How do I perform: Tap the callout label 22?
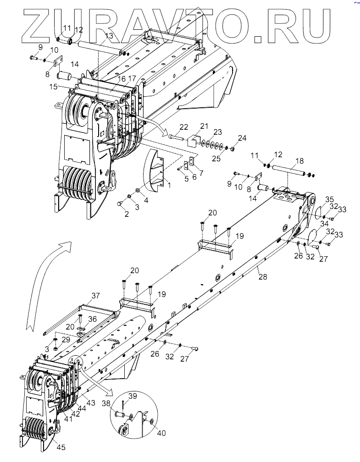(x=184, y=126)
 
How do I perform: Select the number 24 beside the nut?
(x=242, y=138)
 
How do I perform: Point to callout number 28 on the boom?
(x=262, y=276)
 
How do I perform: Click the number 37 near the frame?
(x=95, y=295)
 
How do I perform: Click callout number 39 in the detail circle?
(x=132, y=395)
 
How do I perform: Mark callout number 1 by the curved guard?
(x=169, y=185)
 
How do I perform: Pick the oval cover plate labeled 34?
(x=312, y=236)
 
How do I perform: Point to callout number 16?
(x=122, y=78)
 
